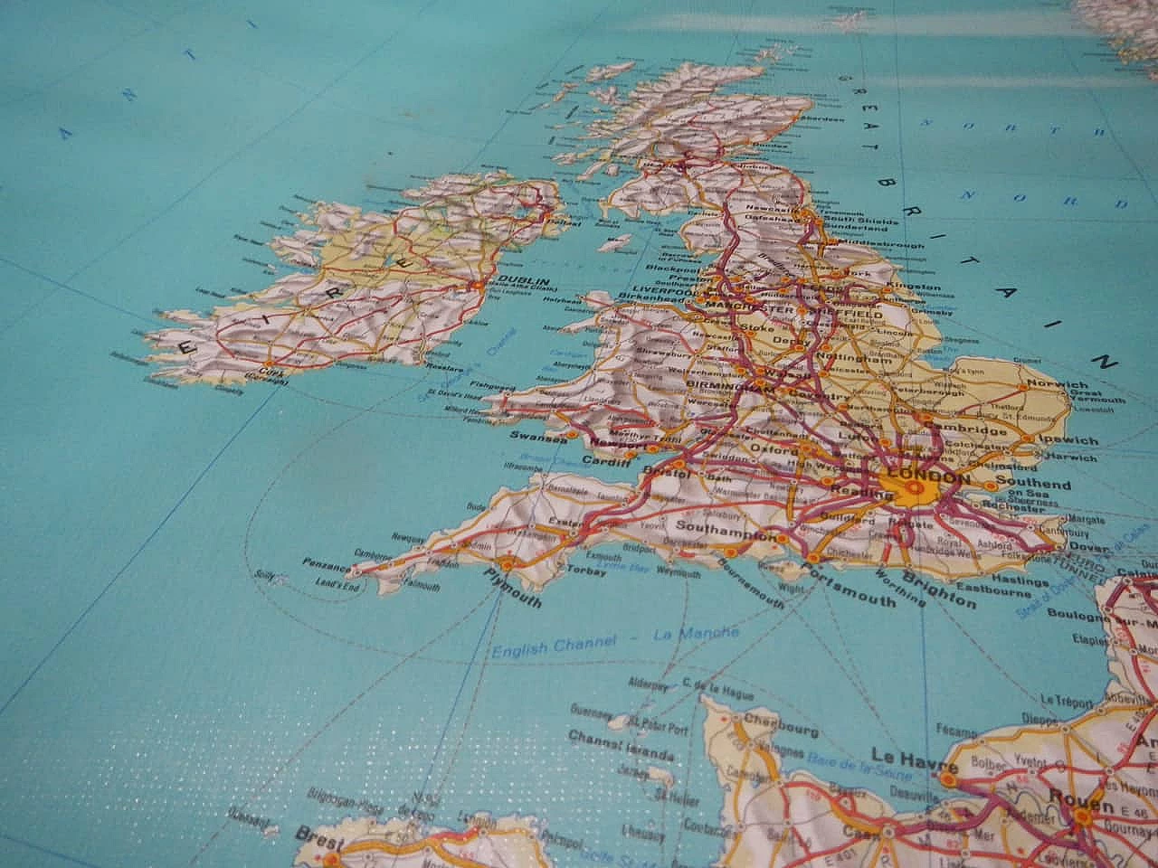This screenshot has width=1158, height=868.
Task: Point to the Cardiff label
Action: click(x=605, y=462)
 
